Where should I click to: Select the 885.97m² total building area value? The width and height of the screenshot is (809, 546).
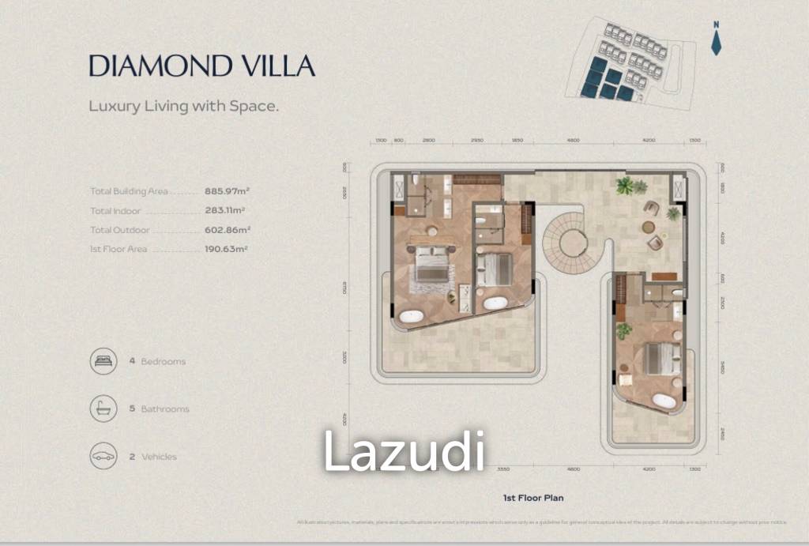coord(227,191)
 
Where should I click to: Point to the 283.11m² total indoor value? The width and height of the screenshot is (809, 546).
coord(224,211)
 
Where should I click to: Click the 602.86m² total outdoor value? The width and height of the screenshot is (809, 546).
coord(227,230)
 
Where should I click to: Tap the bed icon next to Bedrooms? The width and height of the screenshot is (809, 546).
coord(103,361)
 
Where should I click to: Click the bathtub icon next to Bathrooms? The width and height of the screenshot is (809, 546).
coord(103,409)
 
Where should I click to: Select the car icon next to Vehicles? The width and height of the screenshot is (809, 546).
coord(103,456)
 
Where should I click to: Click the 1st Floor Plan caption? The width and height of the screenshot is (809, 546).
coord(532,499)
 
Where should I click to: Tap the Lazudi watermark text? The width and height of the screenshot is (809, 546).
coord(403,451)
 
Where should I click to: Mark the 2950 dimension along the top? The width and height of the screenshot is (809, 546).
coord(477,140)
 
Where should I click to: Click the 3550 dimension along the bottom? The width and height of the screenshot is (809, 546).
coord(502,469)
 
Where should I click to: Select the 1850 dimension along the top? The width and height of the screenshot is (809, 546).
coord(517,140)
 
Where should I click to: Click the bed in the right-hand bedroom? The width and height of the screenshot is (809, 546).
coord(662,359)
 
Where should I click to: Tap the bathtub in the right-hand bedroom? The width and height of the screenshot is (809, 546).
coord(664,401)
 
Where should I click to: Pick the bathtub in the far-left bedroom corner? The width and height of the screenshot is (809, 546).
coord(411,317)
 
